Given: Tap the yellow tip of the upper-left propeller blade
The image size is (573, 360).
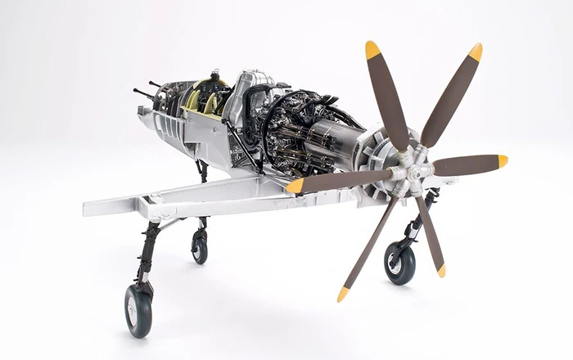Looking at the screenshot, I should tap(372, 50).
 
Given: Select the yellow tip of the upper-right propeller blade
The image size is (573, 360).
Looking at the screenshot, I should tap(476, 52).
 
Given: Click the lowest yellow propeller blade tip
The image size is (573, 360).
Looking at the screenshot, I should tap(342, 294).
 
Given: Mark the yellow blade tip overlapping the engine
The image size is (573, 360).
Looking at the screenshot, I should tap(296, 186).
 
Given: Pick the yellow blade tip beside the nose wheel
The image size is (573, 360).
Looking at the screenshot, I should tap(441, 269).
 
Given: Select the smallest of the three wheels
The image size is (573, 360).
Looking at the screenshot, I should tap(199, 246).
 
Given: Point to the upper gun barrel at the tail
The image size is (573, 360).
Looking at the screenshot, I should tap(155, 84).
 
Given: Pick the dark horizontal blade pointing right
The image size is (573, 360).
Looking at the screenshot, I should tap(462, 164).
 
